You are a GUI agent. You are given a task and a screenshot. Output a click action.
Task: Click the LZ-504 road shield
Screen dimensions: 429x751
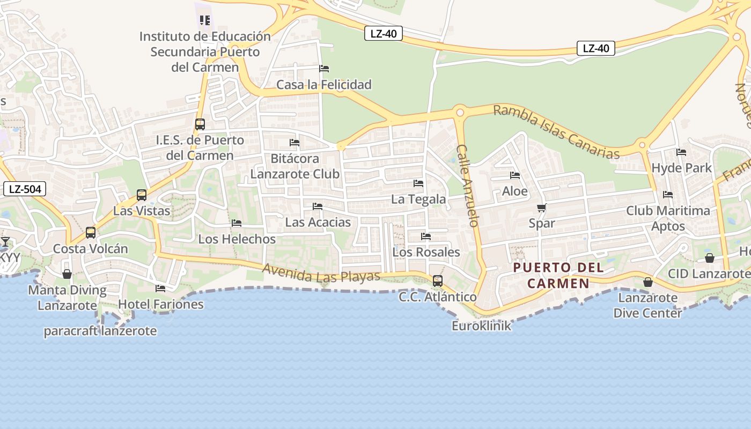[x=25, y=189]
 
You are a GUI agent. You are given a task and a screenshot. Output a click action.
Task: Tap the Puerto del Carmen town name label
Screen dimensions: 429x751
[x=558, y=275]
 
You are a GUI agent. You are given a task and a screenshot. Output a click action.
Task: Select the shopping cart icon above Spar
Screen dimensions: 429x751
[x=541, y=208]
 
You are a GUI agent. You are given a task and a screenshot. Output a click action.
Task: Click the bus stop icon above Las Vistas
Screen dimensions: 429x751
[x=142, y=195]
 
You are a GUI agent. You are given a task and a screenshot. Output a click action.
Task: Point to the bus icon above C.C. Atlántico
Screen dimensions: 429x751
[x=438, y=281]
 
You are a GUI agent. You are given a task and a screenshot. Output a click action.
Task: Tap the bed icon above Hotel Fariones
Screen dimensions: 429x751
[x=160, y=289]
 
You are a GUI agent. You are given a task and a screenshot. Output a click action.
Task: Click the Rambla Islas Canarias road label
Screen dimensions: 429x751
[x=556, y=132]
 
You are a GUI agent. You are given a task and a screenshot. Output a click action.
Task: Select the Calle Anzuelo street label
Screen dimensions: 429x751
[x=467, y=186]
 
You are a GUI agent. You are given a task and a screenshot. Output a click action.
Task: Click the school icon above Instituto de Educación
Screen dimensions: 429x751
[x=204, y=20]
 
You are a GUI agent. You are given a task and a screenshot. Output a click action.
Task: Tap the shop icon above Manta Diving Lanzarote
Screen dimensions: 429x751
[x=67, y=275]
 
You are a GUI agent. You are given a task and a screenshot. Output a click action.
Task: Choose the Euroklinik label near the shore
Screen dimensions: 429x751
[x=482, y=326]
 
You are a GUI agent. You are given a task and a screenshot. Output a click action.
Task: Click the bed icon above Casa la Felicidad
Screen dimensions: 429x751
[x=324, y=69]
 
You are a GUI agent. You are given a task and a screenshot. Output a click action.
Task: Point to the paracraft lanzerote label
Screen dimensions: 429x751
[x=100, y=331]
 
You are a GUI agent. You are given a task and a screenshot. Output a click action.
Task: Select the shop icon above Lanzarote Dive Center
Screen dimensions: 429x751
[x=648, y=282]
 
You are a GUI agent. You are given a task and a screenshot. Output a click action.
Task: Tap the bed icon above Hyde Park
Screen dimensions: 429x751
[x=681, y=152]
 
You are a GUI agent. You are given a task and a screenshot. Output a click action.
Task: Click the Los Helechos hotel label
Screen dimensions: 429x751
[x=237, y=239]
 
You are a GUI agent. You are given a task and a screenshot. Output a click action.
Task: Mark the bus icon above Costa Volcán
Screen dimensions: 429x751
[x=91, y=233]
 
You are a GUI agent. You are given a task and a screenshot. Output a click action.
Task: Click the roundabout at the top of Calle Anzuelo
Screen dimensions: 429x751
[x=459, y=113]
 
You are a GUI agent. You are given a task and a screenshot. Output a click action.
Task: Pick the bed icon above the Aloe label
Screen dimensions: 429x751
[x=515, y=175]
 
